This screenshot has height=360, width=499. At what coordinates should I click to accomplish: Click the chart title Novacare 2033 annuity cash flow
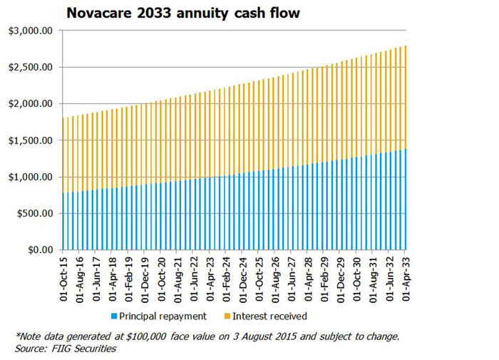pyautogui.click(x=184, y=13)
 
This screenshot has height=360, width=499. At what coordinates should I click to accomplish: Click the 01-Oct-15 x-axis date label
pyautogui.click(x=65, y=279)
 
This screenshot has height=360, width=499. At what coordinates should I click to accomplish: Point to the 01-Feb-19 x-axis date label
pyautogui.click(x=130, y=279)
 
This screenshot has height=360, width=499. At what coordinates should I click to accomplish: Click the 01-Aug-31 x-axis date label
pyautogui.click(x=374, y=279)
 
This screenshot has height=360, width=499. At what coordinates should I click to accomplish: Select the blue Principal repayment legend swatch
pyautogui.click(x=114, y=316)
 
